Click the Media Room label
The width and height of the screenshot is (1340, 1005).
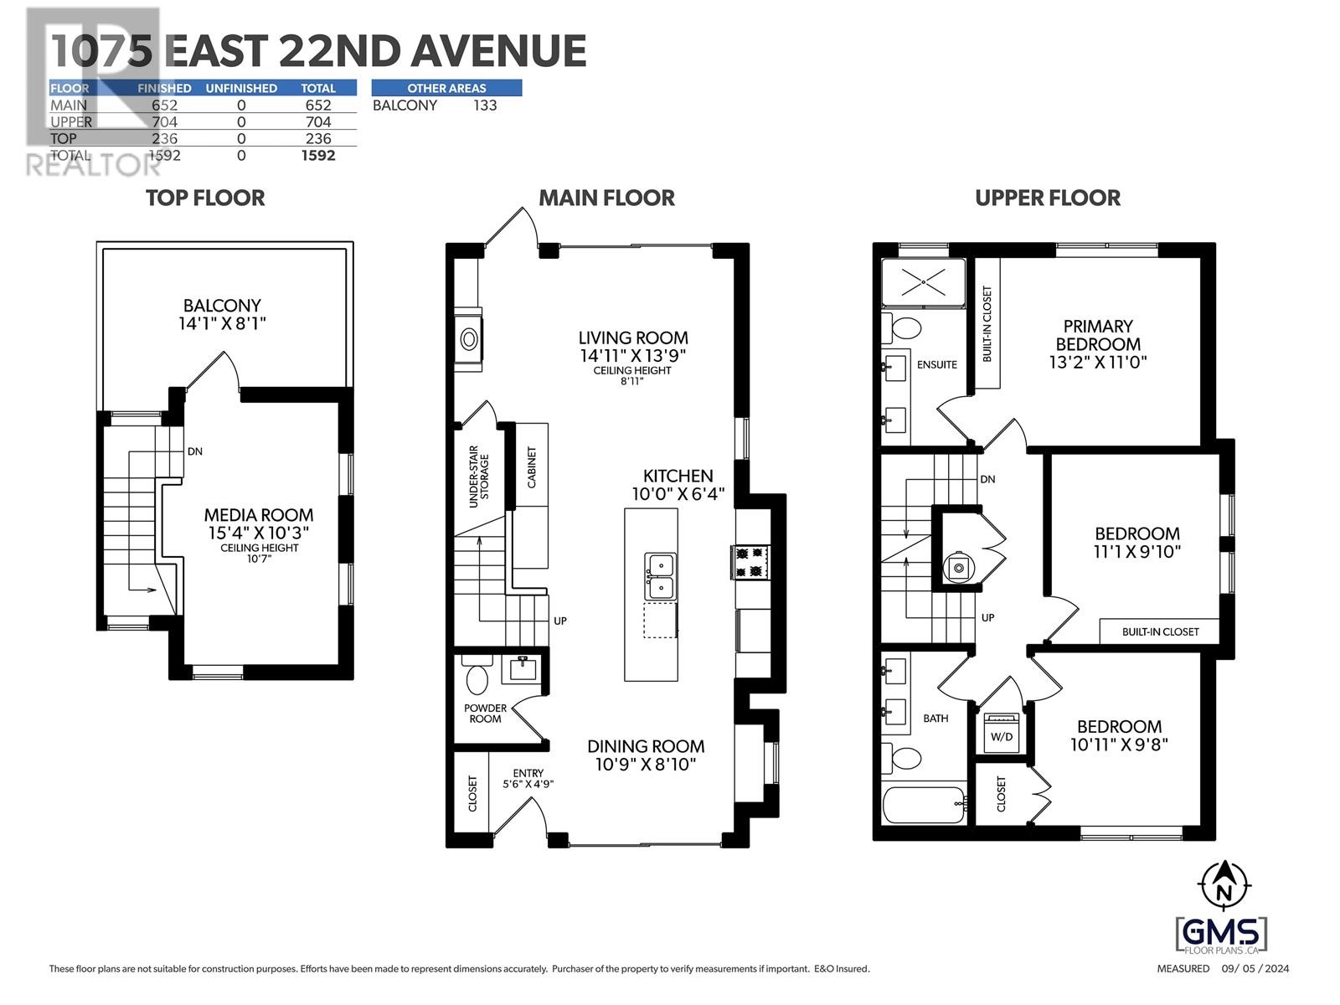point(259,515)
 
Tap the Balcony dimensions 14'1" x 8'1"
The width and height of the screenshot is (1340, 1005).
point(221,323)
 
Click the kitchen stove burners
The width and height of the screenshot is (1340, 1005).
point(750,561)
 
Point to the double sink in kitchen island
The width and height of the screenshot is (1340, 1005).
point(660,576)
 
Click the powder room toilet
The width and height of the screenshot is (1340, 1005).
point(477,678)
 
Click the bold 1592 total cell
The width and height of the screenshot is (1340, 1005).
point(318,156)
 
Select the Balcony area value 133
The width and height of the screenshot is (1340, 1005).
point(484,106)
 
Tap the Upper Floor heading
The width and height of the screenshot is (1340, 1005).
point(1047,198)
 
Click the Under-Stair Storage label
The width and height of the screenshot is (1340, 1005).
point(479,477)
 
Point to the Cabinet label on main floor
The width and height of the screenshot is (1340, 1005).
point(532,467)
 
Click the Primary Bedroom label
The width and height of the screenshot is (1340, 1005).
point(1097,335)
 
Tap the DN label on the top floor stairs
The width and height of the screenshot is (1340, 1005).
point(195,451)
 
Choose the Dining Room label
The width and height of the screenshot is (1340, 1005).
point(645,746)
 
